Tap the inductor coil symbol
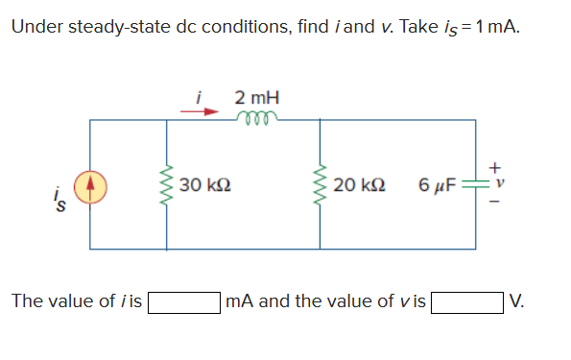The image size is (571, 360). click(254, 116)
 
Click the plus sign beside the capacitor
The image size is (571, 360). click(496, 166)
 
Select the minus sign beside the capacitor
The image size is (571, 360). click(496, 202)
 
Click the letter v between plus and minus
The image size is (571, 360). click(496, 183)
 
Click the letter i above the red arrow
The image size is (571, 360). click(199, 98)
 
